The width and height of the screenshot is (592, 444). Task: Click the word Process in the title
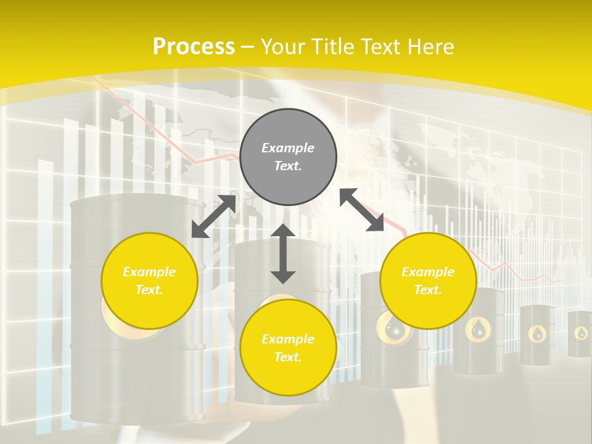194,46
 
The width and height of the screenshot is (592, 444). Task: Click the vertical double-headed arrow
283,253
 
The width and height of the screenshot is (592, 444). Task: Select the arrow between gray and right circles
361,210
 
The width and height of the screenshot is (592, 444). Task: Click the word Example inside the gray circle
288,148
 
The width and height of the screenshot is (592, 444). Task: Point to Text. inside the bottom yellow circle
288,357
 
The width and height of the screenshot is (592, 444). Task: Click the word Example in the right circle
428,272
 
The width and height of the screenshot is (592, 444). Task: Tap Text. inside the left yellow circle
149,290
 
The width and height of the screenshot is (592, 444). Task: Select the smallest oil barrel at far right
580,334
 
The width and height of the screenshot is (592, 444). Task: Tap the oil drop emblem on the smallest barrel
581,334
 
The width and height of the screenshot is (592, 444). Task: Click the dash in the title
248,46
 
